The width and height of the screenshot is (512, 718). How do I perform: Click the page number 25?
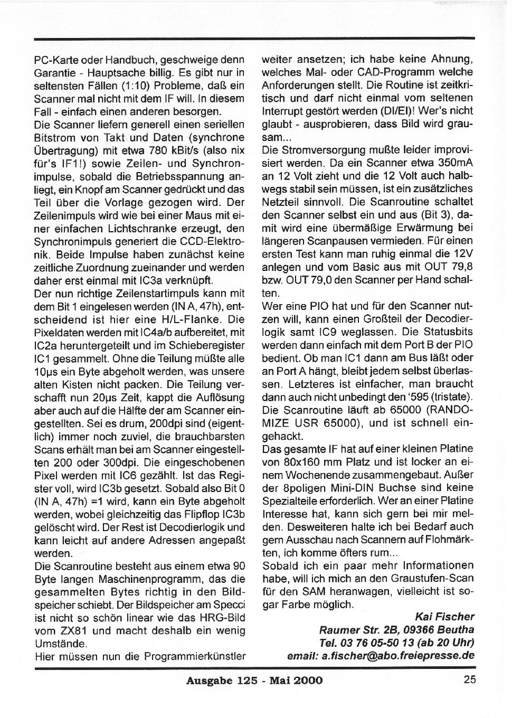point(470,679)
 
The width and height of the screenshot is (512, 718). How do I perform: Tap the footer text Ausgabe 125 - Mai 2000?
point(254,680)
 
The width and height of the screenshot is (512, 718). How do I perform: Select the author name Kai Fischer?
point(444,616)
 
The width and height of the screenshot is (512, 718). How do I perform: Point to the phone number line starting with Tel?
point(396,643)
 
